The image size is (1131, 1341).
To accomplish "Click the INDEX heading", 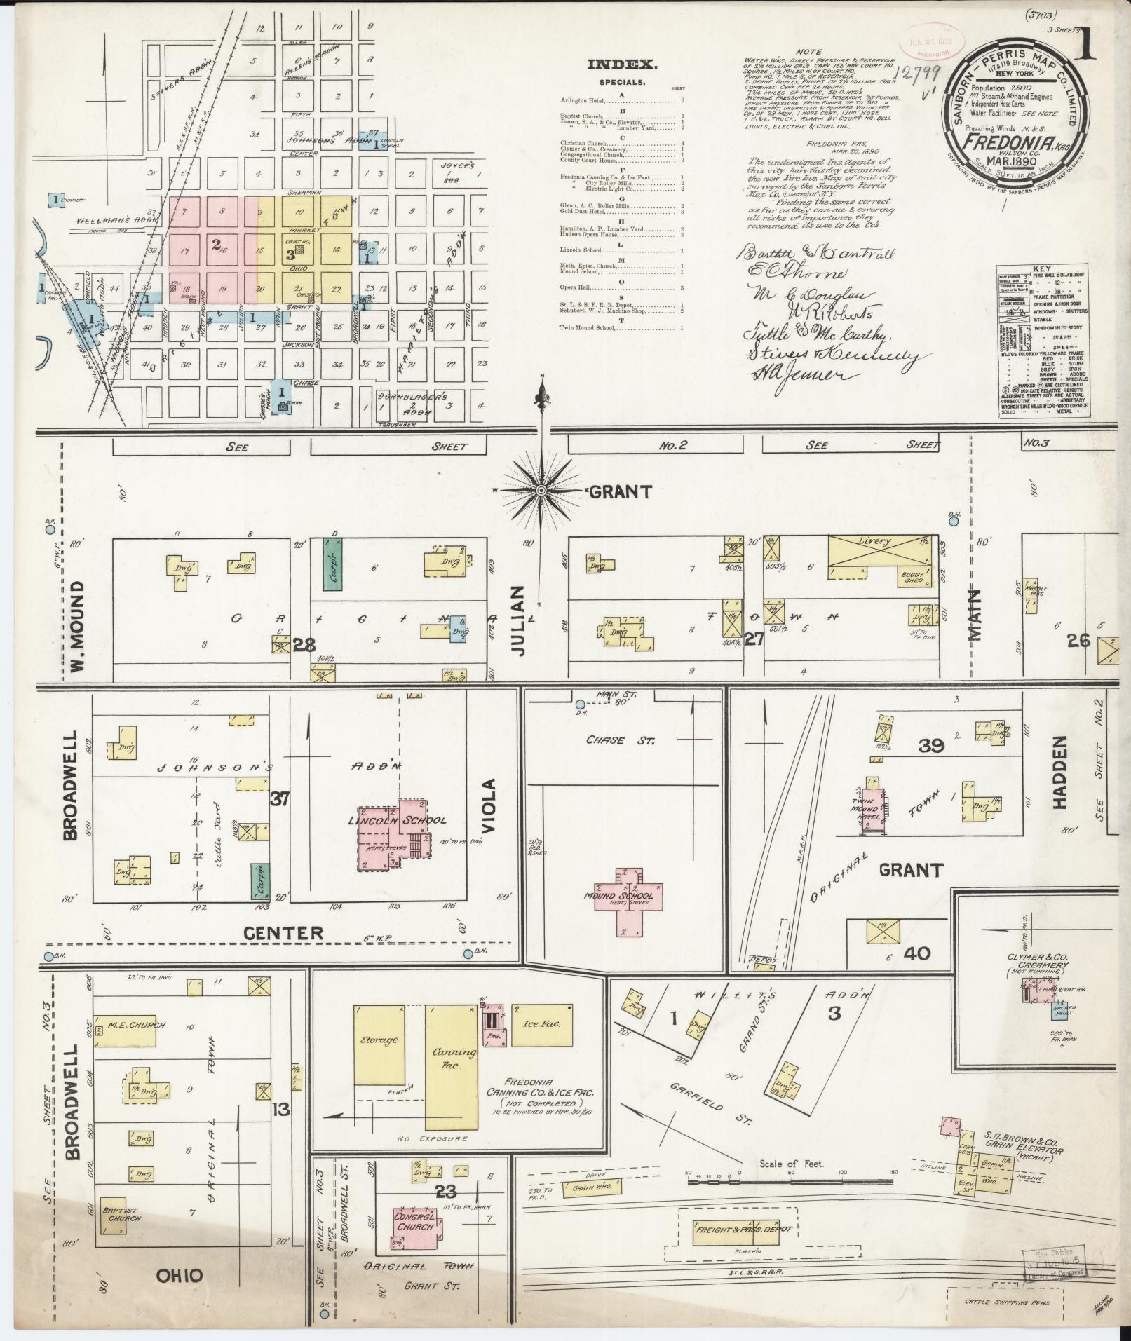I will (x=622, y=65).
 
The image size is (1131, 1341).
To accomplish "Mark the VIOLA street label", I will (x=489, y=805).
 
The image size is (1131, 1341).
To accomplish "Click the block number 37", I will (x=280, y=798).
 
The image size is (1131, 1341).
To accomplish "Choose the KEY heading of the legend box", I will (x=1041, y=268).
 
